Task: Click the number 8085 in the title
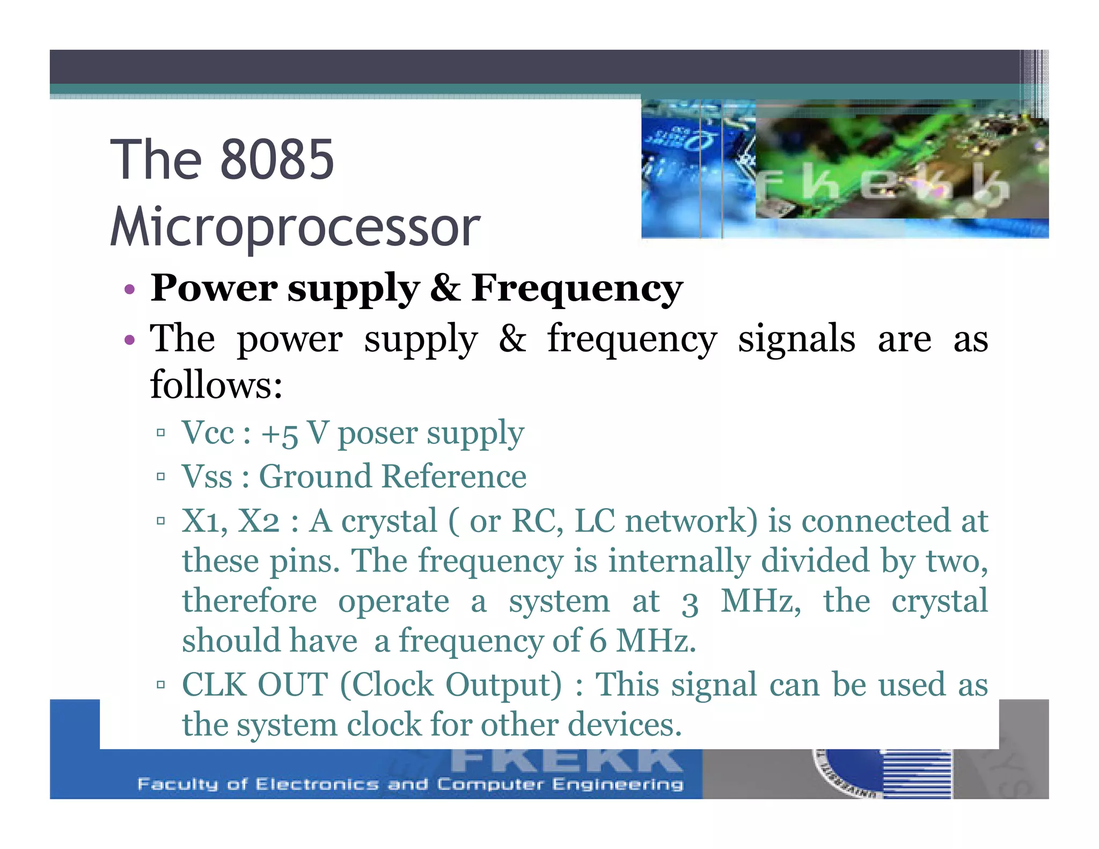coord(277,159)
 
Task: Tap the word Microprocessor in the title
coord(295,228)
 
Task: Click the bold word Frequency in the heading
coord(577,289)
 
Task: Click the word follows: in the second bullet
coord(216,385)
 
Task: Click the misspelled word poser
coord(377,434)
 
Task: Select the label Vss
coord(207,477)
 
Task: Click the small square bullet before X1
coord(160,521)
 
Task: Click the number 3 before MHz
coord(690,604)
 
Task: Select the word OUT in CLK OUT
coord(292,685)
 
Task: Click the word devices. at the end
coord(625,724)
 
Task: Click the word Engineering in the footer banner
coord(618,785)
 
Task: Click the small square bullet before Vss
coord(160,476)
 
